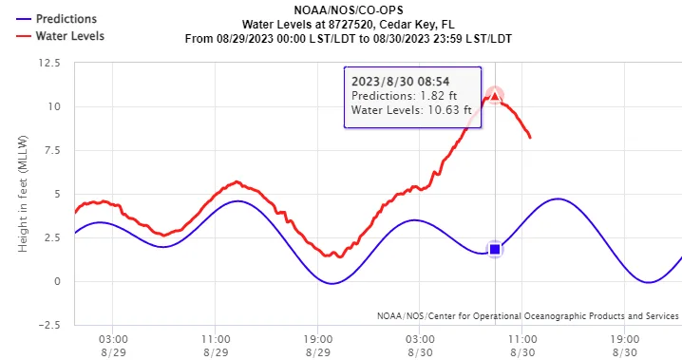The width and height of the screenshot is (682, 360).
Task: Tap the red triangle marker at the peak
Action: [x=494, y=96]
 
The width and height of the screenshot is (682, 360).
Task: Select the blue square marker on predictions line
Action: [x=494, y=249]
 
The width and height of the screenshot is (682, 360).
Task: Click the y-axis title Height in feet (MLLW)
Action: [x=22, y=194]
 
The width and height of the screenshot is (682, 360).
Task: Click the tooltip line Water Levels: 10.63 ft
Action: [x=410, y=111]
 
